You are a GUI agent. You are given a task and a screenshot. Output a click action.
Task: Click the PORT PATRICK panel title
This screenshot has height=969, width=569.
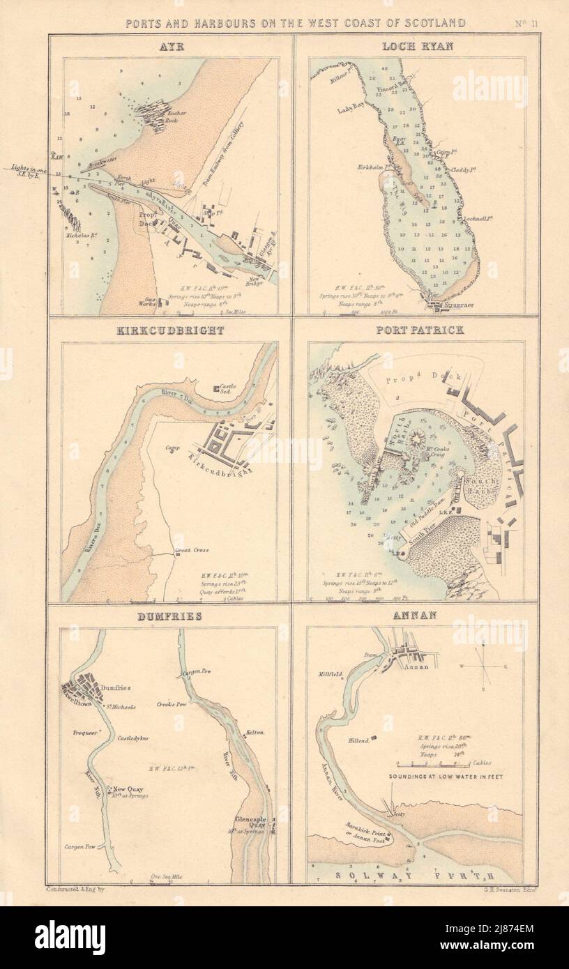[415, 330]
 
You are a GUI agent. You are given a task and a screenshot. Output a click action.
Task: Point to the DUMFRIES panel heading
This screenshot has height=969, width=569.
[169, 616]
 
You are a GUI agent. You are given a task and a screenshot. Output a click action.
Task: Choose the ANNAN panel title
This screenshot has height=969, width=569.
[415, 616]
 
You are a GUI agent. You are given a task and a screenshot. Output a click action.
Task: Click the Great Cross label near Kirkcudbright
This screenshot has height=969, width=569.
[192, 551]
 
